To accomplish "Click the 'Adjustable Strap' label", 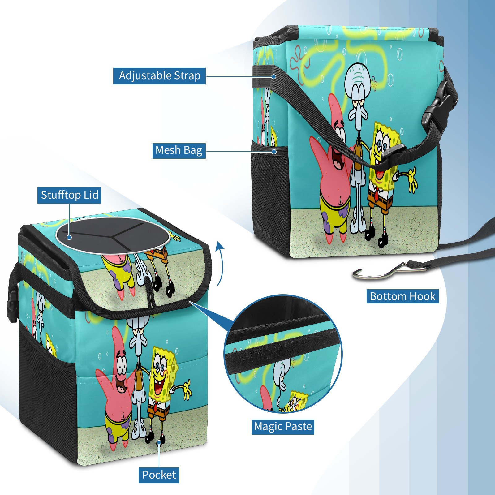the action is (x=160, y=76).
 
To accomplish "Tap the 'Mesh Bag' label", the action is (x=179, y=150).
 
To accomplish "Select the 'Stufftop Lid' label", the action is (x=69, y=195).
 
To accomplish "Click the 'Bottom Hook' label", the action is (x=402, y=296).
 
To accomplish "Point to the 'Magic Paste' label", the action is (x=283, y=427).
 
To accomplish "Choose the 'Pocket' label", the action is (x=159, y=475).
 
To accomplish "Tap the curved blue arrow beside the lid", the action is (x=220, y=263).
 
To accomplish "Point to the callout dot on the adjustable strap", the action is (x=274, y=76).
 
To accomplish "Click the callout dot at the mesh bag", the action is (x=274, y=152).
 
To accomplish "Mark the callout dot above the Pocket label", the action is (x=159, y=442).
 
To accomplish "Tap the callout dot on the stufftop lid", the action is (x=69, y=237).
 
